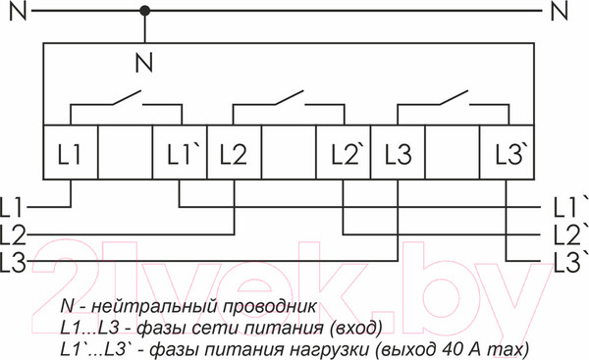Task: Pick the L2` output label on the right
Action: pos(569,234)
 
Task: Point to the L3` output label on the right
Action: pos(569,261)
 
